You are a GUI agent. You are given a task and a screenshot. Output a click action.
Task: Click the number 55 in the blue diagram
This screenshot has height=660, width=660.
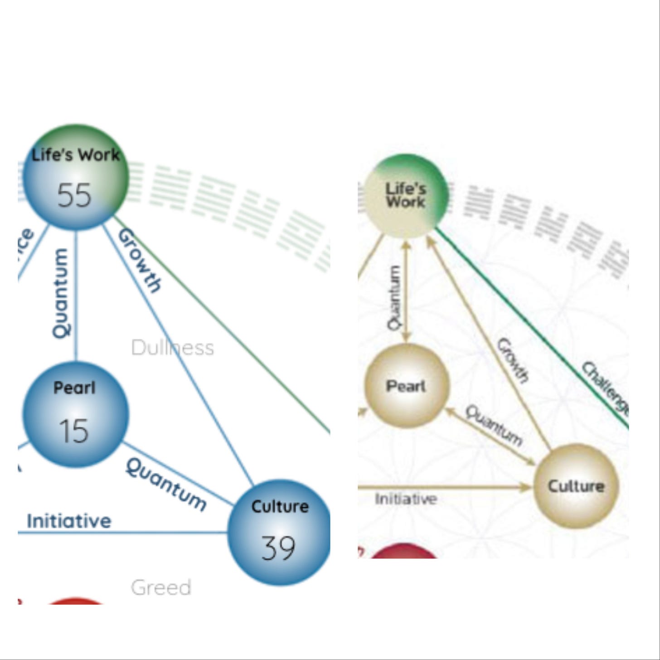(x=74, y=196)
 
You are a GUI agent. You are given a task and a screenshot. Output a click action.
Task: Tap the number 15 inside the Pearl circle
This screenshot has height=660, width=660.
(x=73, y=431)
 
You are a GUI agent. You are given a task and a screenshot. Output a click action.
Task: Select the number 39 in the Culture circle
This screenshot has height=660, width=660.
(x=278, y=548)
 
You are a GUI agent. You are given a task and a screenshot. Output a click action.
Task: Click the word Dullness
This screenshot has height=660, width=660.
(x=172, y=348)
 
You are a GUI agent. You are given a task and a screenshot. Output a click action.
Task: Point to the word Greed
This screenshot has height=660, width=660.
(x=161, y=588)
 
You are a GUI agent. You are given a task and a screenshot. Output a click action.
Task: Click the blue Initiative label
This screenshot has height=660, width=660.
(x=69, y=521)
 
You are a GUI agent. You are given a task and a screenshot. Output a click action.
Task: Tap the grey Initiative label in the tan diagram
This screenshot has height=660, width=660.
(x=406, y=499)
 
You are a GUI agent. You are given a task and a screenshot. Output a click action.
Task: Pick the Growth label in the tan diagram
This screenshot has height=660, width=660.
(x=513, y=361)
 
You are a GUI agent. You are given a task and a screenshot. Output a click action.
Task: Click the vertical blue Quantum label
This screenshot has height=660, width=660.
(x=61, y=293)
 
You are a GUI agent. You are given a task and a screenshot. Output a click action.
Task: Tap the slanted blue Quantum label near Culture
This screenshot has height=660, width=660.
(x=166, y=484)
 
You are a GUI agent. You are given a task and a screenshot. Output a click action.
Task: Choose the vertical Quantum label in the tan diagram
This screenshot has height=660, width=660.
(x=394, y=297)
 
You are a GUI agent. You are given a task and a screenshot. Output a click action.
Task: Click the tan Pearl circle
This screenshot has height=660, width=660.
(x=407, y=386)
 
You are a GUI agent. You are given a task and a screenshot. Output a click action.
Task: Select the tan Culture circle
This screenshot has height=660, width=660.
(x=576, y=486)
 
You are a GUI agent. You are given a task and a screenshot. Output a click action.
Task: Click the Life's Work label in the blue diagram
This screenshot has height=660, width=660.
(x=76, y=155)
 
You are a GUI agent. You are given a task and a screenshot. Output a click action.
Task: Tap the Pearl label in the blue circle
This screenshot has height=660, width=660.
(x=74, y=388)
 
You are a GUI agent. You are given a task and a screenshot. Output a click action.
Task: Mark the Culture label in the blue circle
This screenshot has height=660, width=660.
(x=280, y=506)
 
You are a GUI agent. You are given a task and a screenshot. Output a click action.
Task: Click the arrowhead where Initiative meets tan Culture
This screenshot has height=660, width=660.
(x=526, y=487)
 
